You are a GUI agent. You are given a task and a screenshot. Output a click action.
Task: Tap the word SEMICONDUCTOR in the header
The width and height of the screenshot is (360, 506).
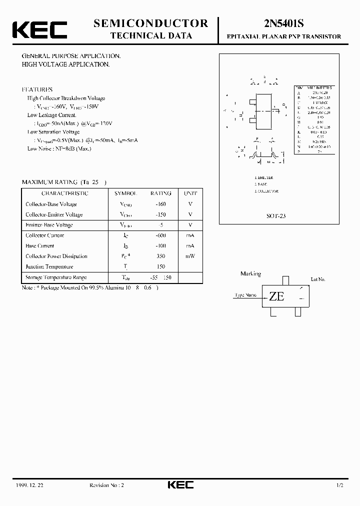click(x=150, y=23)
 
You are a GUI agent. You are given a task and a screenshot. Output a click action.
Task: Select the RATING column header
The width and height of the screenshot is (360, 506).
click(x=160, y=193)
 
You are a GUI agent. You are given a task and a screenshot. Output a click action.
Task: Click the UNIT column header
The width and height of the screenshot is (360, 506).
click(x=190, y=193)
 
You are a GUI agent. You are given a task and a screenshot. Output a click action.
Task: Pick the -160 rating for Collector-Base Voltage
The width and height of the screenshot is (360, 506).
click(x=160, y=204)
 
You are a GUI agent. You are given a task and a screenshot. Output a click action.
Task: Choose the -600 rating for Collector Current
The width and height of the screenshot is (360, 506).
click(x=160, y=235)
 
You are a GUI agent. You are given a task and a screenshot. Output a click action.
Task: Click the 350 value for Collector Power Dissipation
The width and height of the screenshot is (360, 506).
click(x=160, y=256)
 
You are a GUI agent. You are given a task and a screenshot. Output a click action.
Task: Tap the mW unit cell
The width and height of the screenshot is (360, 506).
click(x=190, y=256)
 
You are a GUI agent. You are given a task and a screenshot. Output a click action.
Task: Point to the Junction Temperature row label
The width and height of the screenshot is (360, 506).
click(x=50, y=267)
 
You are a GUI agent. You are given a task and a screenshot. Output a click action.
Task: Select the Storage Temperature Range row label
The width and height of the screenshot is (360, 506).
click(x=56, y=277)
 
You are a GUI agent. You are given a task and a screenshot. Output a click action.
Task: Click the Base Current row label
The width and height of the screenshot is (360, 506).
click(x=39, y=246)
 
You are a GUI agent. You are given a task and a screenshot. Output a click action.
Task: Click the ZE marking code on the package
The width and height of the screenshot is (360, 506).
click(x=276, y=296)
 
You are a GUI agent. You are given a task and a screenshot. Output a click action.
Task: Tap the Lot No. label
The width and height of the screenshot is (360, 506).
click(x=318, y=279)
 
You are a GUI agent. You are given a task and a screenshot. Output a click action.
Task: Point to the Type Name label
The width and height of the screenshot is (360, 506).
click(x=245, y=295)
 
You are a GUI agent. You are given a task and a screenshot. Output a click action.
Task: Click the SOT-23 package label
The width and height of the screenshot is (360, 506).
click(x=275, y=216)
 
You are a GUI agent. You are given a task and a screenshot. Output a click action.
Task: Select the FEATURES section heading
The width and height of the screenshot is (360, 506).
click(x=37, y=89)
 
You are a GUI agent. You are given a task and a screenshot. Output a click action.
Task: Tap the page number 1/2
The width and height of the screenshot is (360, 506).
click(x=339, y=485)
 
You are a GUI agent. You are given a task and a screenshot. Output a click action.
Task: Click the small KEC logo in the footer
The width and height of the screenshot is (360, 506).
click(x=180, y=485)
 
